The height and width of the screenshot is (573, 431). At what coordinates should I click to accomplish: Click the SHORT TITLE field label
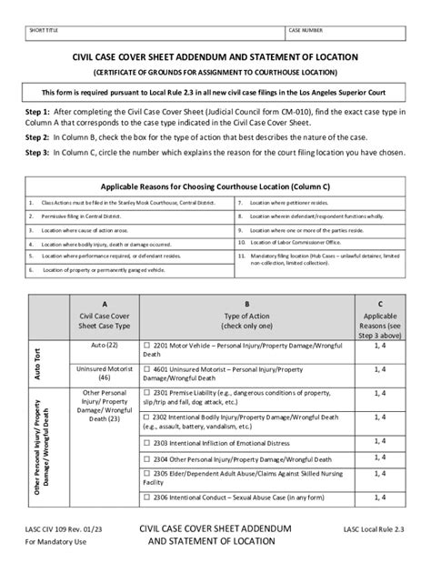click(42, 31)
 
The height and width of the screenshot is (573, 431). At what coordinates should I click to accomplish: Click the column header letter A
click(105, 306)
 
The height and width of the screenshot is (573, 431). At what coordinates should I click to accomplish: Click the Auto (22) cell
click(105, 346)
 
